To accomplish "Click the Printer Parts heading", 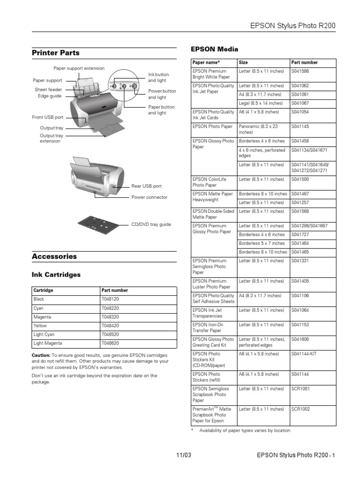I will [x=55, y=53].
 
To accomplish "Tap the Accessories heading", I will [x=54, y=256].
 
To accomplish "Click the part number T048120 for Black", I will [x=110, y=299].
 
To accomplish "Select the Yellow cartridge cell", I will [x=40, y=325].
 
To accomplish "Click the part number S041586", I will [x=300, y=71].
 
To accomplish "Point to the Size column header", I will [x=243, y=62].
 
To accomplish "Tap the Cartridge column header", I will [x=43, y=290].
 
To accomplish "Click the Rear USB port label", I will [x=146, y=186].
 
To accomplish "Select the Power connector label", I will [x=149, y=197].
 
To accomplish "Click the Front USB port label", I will [x=47, y=117].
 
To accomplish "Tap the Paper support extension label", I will [x=79, y=68].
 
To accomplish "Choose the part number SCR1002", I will [x=301, y=409].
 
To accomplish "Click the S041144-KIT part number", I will [x=304, y=354].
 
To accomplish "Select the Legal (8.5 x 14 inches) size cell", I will [x=261, y=103].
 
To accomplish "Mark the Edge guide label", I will [x=50, y=96].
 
